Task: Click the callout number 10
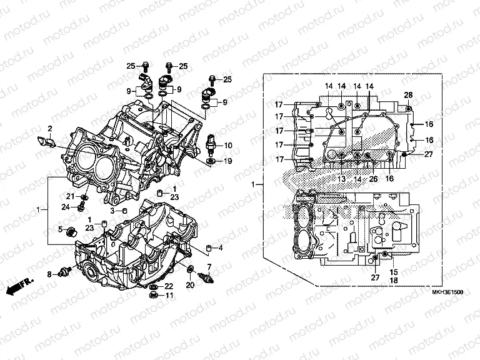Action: (227, 144)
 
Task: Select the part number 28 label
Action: (408, 95)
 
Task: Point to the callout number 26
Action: (372, 179)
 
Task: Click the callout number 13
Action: (342, 179)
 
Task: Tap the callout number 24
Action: (65, 206)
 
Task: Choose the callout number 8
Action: (49, 274)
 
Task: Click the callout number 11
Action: (169, 296)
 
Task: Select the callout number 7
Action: (209, 267)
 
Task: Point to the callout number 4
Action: (220, 247)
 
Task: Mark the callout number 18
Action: (394, 281)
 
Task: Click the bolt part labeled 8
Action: (63, 272)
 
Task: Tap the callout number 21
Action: (71, 197)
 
